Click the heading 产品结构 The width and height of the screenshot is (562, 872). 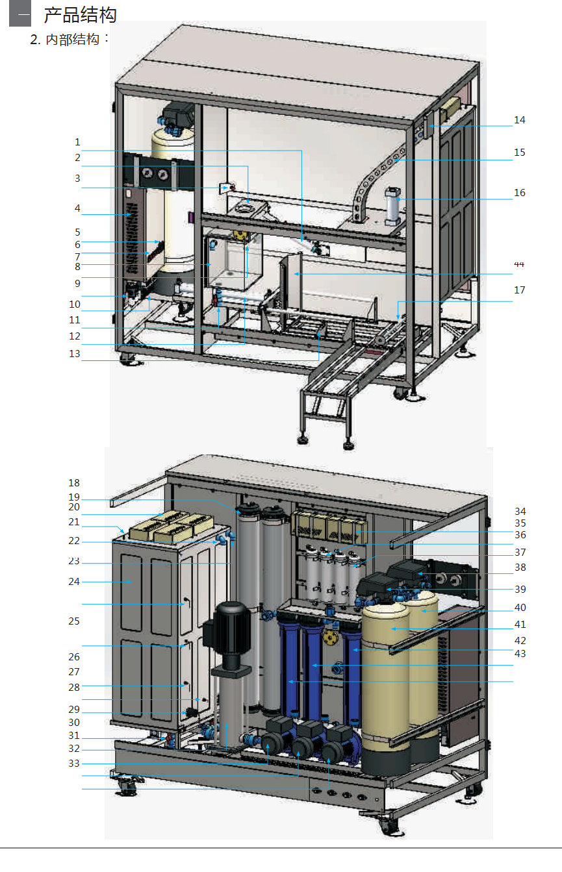click(80, 15)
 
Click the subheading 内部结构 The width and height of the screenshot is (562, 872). click(72, 40)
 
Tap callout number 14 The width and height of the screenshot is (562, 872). click(520, 120)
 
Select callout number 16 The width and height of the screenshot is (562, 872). click(520, 193)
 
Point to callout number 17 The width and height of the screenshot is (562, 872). click(520, 290)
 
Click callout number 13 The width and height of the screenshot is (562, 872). click(74, 353)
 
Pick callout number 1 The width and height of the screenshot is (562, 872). click(77, 142)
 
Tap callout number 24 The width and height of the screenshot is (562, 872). click(74, 582)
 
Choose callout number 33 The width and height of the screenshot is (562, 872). click(74, 764)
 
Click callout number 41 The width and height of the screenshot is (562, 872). click(520, 625)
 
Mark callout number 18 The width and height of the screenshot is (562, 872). click(74, 483)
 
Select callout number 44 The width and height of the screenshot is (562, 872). click(519, 264)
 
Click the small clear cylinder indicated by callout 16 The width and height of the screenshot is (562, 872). click(392, 206)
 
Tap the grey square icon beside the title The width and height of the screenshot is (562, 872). click(20, 14)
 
